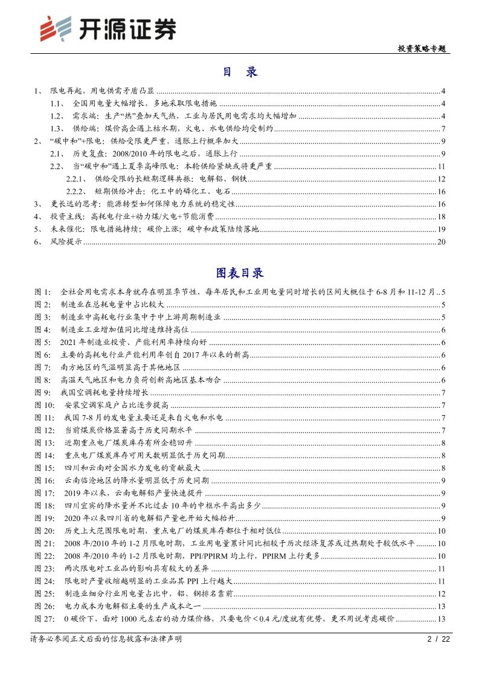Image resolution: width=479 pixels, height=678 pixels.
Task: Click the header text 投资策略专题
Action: pyautogui.click(x=422, y=49)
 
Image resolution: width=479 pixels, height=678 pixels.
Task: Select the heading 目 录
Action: pyautogui.click(x=240, y=72)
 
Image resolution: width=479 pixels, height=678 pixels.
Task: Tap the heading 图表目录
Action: pyautogui.click(x=239, y=273)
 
